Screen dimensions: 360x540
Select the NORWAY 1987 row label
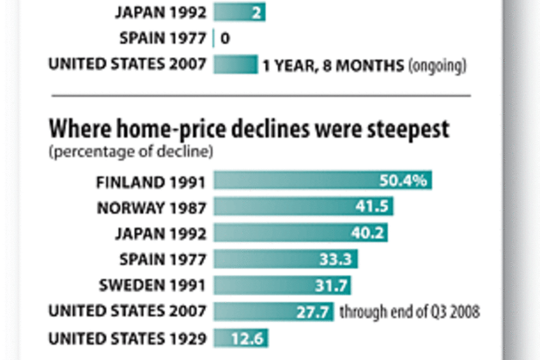152,208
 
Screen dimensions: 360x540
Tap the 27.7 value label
313,312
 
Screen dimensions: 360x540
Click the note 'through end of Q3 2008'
409,312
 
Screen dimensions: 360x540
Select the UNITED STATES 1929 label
127,338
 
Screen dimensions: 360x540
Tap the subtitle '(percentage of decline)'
131,152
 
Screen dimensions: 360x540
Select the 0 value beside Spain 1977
225,39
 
